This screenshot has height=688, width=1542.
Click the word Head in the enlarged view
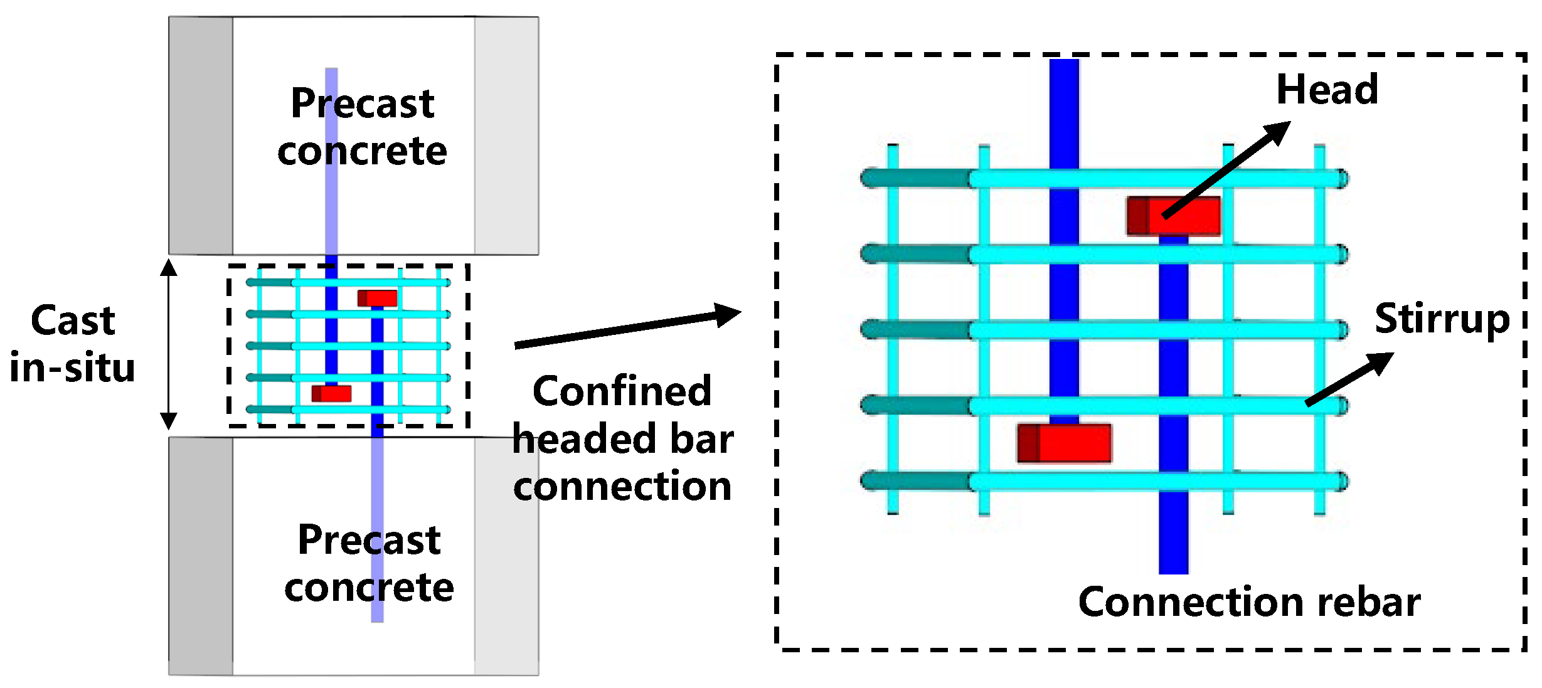tap(1327, 90)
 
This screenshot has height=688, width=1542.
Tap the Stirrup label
tap(1442, 319)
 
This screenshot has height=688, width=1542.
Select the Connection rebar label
tap(1248, 602)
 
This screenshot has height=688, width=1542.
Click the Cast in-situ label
tap(73, 344)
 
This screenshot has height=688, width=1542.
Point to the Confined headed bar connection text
tap(622, 438)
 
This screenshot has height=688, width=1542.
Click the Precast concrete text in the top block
tap(362, 127)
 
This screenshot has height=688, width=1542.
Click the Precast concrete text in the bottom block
tap(369, 563)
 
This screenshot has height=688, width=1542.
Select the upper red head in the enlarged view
tap(1174, 216)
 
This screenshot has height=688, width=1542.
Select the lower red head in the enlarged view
tap(1064, 443)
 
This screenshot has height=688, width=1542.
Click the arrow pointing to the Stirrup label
tap(1349, 379)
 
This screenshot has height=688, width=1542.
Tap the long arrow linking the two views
tap(627, 328)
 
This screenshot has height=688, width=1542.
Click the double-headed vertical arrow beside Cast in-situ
tap(168, 344)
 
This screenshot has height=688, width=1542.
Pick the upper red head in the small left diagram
tap(378, 298)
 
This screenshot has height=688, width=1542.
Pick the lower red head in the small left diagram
tap(331, 393)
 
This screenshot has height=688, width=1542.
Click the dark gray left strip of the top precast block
tap(201, 135)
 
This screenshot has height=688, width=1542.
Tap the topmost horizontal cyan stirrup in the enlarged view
tap(1154, 179)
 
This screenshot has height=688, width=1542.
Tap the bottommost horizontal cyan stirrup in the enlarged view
tap(1154, 482)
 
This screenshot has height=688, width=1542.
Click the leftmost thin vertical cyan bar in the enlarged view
tap(893, 329)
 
